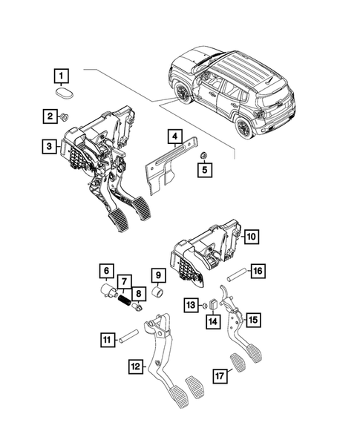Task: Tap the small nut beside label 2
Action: pyautogui.click(x=65, y=116)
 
